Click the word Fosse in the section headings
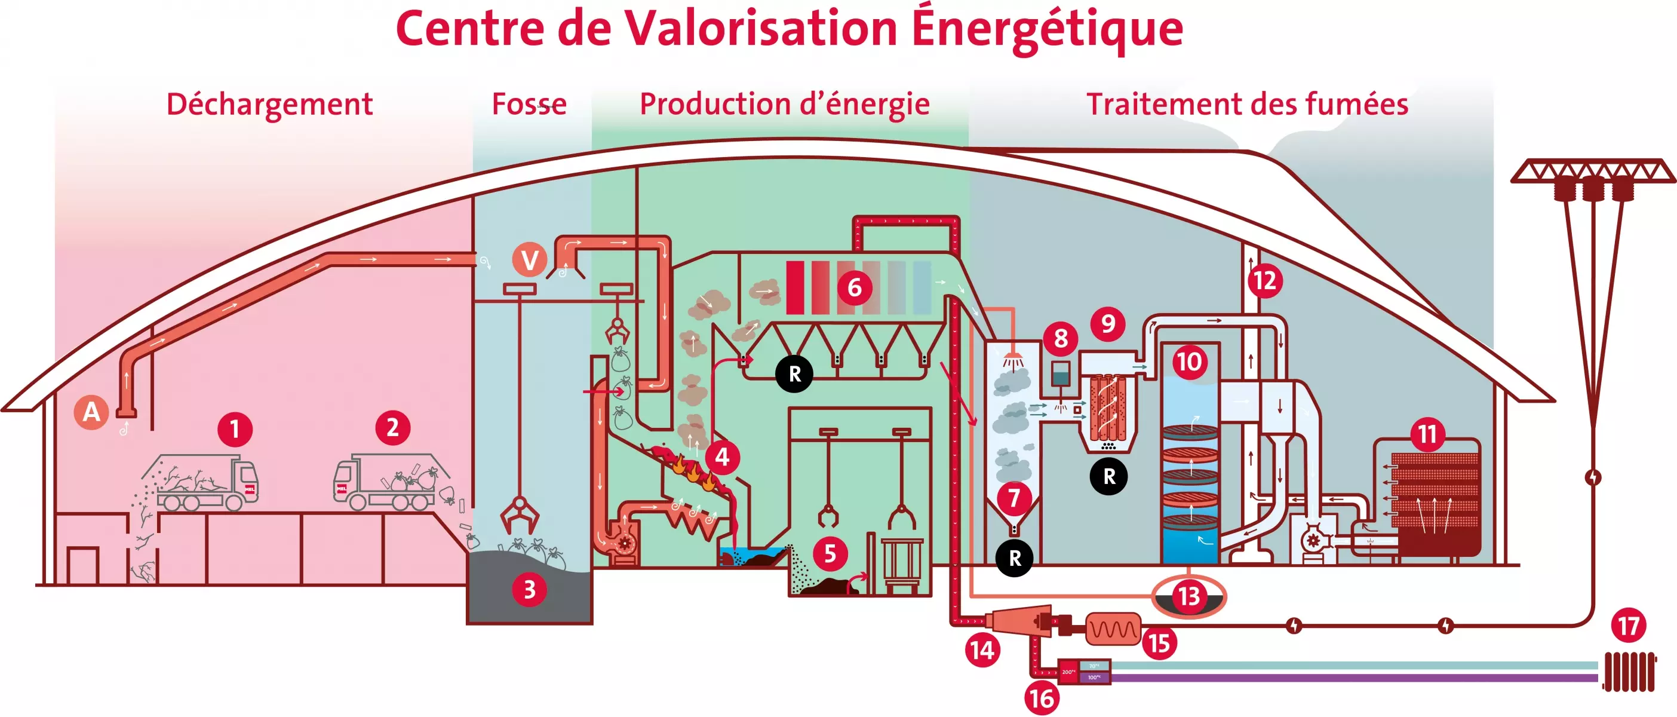point(529,104)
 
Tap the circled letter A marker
point(91,412)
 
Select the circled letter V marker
point(529,260)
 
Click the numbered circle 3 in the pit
point(529,589)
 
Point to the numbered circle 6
point(854,287)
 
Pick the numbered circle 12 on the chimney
point(1265,281)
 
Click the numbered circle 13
point(1188,596)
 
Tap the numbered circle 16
point(1042,698)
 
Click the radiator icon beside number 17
point(1629,672)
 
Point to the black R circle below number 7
point(1014,558)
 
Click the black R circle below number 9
point(1108,476)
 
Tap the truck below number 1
point(207,483)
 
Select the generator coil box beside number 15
point(1113,629)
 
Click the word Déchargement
point(269,104)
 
